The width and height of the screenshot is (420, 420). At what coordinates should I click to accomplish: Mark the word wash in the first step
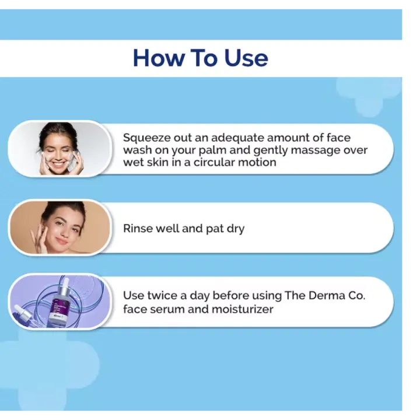click(137, 150)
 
